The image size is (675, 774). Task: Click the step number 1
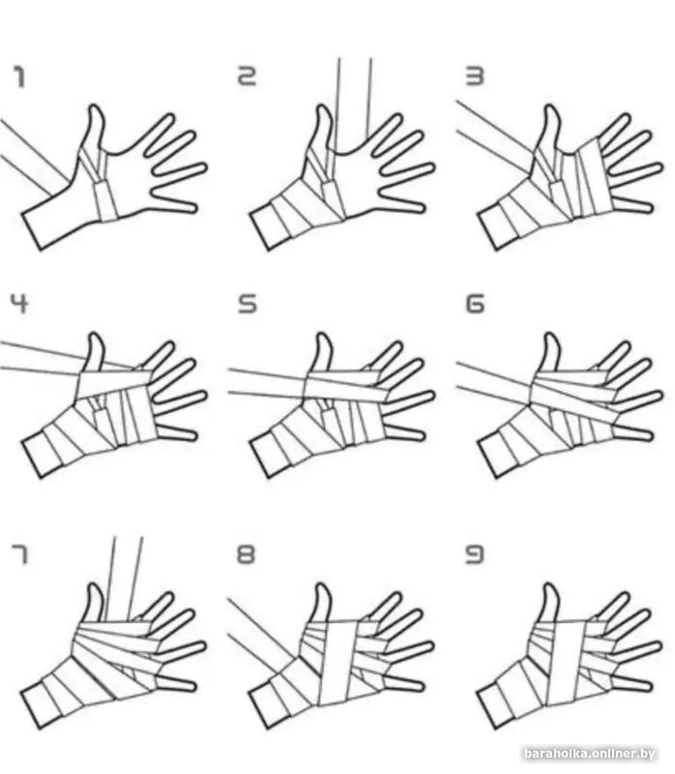tap(19, 77)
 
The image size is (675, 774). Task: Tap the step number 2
tap(248, 76)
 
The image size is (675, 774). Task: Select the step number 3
tap(475, 76)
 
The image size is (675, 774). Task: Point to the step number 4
tap(19, 303)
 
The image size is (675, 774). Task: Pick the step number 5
tap(248, 304)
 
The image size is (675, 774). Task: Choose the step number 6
tap(475, 304)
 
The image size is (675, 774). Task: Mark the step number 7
tap(19, 554)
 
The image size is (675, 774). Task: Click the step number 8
tap(247, 553)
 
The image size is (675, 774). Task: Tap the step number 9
tap(475, 553)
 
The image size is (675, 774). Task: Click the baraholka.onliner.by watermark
tap(589, 754)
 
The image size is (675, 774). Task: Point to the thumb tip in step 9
tap(550, 587)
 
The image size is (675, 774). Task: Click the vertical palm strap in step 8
tap(340, 663)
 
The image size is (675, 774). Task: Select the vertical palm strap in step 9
tap(568, 662)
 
